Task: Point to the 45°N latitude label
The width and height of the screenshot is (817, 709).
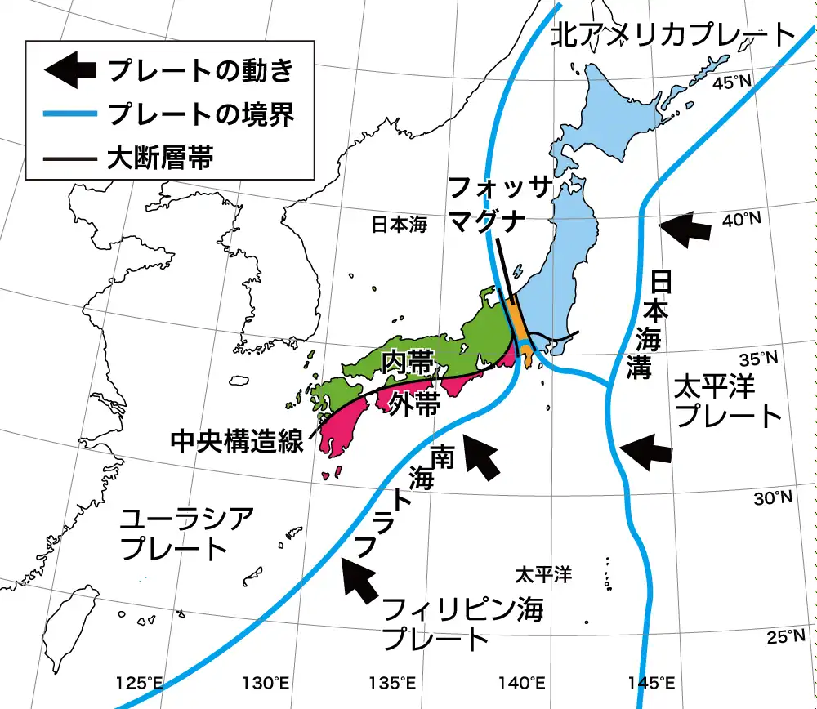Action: (x=732, y=82)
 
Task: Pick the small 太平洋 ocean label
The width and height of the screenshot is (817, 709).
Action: (x=542, y=575)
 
